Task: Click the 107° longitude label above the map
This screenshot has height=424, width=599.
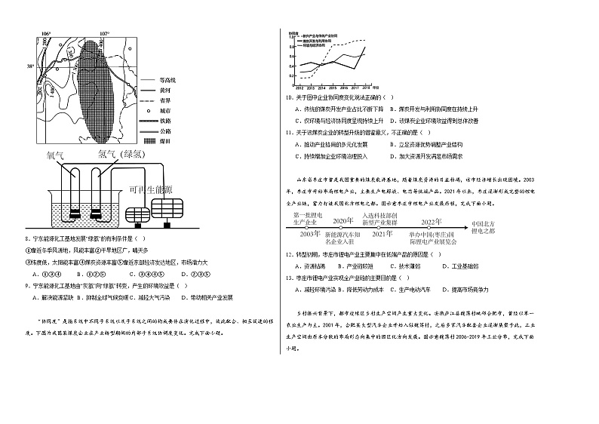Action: (103, 34)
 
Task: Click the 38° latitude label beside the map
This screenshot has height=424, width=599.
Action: (32, 67)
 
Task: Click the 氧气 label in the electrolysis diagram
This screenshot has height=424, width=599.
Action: (57, 155)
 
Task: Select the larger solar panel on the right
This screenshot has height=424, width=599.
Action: (167, 205)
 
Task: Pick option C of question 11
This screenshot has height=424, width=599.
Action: (321, 156)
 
